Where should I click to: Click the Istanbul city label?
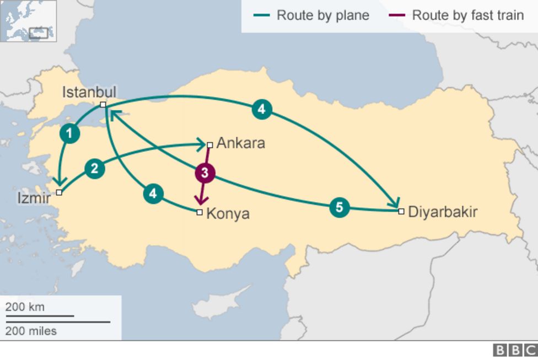point(89,92)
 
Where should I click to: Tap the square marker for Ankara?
point(210,145)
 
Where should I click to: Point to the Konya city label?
point(228,214)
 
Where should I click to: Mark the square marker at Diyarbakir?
point(401,211)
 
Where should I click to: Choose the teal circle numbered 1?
point(69,133)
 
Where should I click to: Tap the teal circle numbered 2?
point(95,169)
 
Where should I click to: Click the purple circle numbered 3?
point(205,173)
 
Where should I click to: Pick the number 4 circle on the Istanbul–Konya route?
point(153,194)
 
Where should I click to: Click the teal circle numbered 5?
point(340,207)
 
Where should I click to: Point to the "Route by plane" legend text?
point(322,15)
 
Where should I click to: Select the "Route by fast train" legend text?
point(467,15)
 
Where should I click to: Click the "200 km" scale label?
point(25,307)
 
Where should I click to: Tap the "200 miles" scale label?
point(31,331)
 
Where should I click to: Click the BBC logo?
point(514,351)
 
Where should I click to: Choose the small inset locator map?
point(29,21)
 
